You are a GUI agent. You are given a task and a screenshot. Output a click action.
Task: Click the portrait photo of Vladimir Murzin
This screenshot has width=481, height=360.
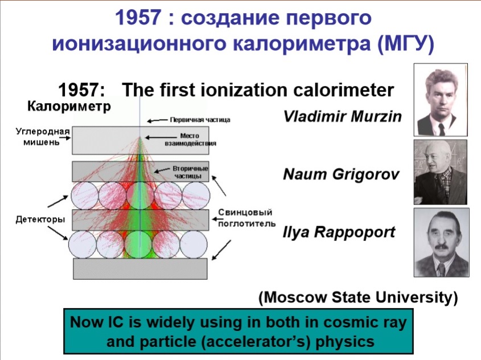coord(441,100)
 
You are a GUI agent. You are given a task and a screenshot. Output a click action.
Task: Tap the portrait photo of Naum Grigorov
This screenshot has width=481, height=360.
coord(441,172)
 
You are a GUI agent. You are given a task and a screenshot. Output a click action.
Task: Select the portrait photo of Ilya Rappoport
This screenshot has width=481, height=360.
coord(441,243)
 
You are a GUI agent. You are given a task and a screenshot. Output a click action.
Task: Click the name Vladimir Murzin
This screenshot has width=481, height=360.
coord(342,117)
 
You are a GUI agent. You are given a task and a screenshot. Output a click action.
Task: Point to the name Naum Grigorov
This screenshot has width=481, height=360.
coord(341,174)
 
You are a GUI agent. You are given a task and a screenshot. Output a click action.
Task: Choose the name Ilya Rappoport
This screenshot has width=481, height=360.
coord(339,232)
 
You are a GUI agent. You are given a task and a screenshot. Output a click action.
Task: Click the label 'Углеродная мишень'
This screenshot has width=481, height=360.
coord(43,137)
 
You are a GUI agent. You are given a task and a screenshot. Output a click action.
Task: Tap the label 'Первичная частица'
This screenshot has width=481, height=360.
coord(200,120)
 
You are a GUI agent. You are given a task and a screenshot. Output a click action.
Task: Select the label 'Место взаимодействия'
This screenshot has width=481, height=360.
coord(190,140)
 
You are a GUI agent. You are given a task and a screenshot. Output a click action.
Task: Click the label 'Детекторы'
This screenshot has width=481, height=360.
coord(40,219)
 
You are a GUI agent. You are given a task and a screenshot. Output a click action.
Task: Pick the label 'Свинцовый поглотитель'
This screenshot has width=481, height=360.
coord(246,218)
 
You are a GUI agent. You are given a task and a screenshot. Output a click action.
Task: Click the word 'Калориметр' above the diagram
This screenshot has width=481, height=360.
coord(69,106)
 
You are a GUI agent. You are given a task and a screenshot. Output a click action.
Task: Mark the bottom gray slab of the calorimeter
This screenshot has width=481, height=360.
coord(140,269)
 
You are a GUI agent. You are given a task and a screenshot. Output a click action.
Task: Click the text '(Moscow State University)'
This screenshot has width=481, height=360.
coord(358,297)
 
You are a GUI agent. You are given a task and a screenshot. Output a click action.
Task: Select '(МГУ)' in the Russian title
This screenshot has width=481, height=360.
coord(406,44)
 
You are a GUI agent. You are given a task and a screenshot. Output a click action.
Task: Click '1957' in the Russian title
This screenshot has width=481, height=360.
coord(138,17)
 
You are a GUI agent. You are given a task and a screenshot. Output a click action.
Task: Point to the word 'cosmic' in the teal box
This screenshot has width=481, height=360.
coord(349,322)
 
